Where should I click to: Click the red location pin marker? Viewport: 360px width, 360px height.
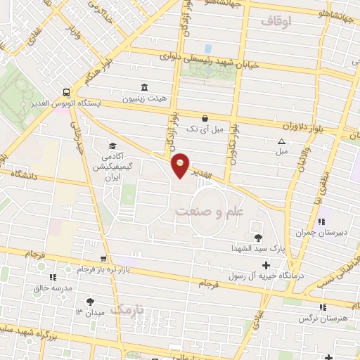[181, 165]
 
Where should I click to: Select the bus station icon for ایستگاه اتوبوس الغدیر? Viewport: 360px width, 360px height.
[65, 91]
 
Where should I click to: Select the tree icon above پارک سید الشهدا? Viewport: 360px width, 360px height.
[258, 238]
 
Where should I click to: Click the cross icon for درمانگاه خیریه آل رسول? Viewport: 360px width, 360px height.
[266, 265]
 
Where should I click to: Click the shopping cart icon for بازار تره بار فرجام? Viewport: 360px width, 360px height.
[104, 259]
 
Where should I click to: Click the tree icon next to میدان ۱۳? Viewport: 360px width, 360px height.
[90, 302]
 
